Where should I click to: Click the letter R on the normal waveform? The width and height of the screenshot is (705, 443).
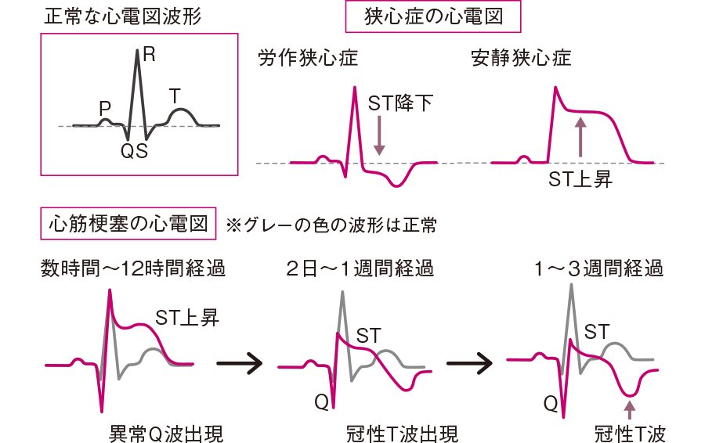pos(147,55)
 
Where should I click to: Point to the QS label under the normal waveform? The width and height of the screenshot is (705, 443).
pos(133,149)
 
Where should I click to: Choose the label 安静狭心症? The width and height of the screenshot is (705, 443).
pos(521,59)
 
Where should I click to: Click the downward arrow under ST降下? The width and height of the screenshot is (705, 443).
pos(380,133)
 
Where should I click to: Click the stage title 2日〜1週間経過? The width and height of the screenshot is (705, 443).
pos(359,269)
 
